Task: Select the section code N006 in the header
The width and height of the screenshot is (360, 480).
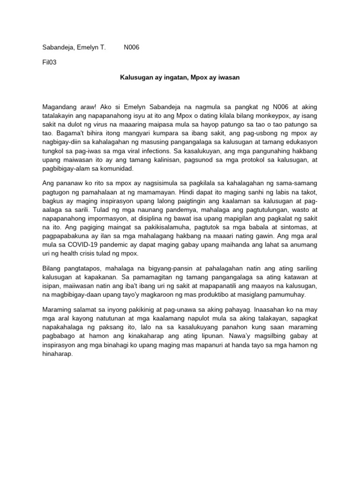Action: (132, 47)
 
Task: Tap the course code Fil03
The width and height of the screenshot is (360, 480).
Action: (49, 62)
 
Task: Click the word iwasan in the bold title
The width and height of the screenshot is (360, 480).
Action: (228, 77)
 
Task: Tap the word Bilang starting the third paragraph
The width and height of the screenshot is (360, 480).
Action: (52, 268)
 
